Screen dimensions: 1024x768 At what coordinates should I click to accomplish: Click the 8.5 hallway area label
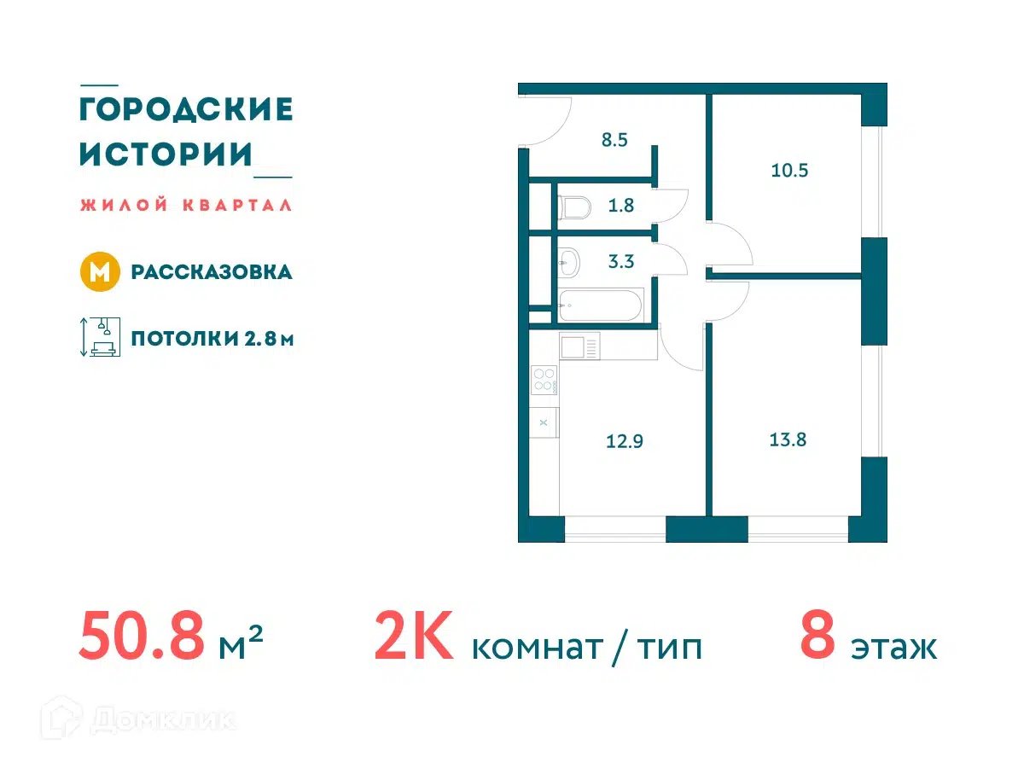click(614, 140)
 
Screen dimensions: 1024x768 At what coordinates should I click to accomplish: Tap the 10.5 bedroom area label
click(788, 170)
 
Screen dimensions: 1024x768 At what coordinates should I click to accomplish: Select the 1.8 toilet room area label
click(620, 206)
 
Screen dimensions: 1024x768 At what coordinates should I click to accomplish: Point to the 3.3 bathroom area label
click(621, 262)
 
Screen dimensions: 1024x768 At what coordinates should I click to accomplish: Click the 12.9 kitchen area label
click(624, 441)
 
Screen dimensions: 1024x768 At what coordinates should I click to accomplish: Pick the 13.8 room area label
click(788, 439)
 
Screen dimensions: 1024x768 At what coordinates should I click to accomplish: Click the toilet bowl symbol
click(575, 207)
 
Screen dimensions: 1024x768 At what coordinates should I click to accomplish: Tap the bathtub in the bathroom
click(602, 305)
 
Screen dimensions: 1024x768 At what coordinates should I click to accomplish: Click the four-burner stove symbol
click(544, 380)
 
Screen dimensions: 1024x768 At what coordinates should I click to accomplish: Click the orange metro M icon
click(100, 272)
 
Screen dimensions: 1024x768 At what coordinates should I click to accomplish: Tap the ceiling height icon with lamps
click(101, 337)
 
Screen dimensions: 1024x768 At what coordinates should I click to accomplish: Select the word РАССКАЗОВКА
click(212, 272)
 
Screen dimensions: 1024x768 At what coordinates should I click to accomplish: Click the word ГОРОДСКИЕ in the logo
click(186, 110)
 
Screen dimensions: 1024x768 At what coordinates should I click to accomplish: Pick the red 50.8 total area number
click(142, 637)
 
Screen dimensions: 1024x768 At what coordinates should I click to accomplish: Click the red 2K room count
click(413, 636)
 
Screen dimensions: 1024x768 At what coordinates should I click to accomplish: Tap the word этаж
click(893, 649)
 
